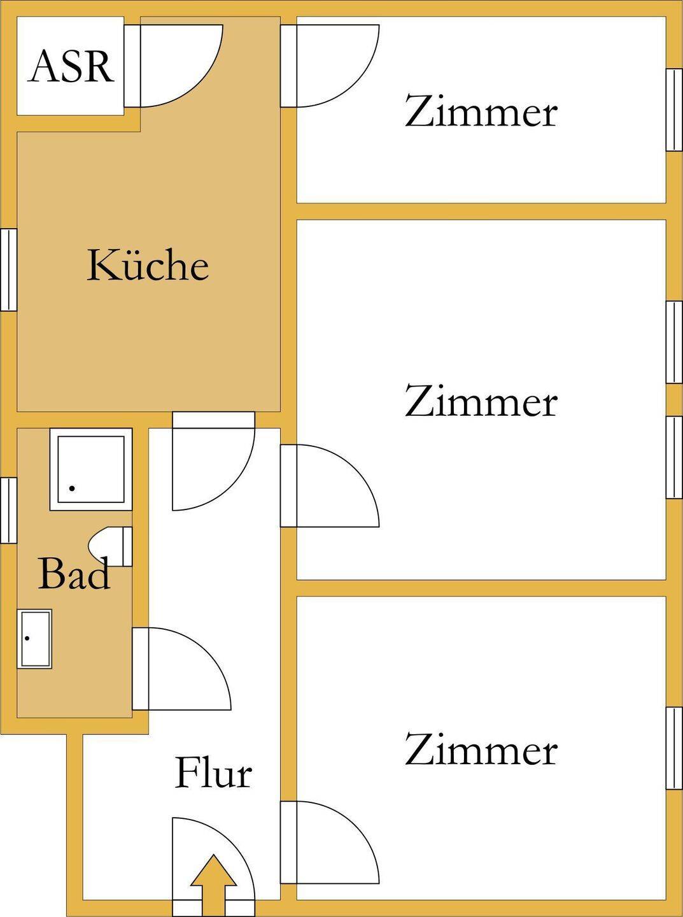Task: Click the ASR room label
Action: [71, 66]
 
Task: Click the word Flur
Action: [213, 773]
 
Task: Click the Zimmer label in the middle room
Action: [481, 401]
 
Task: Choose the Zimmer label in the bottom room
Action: [481, 750]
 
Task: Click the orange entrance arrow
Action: [213, 882]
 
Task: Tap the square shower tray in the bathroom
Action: [91, 469]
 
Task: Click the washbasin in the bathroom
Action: [35, 639]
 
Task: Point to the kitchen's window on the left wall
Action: [8, 269]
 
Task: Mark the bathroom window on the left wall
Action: [8, 509]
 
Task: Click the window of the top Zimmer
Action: [674, 110]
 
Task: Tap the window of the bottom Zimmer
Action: [674, 748]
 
